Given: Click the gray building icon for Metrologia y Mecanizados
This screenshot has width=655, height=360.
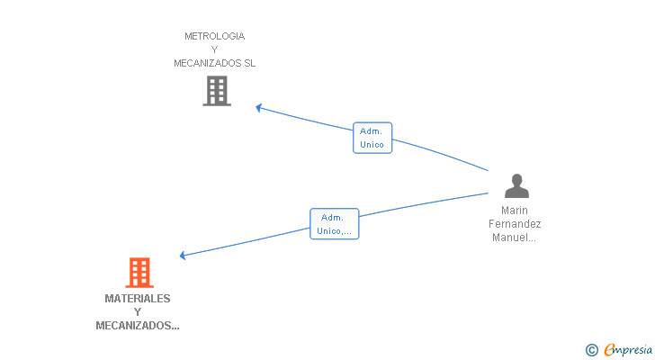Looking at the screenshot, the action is [217, 91].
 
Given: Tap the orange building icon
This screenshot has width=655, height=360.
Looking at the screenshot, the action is [139, 273].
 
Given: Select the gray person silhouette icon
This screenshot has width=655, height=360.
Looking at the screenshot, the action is [516, 185].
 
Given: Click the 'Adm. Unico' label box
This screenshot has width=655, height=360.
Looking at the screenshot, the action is [372, 138].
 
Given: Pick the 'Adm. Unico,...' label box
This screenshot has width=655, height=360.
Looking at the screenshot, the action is [334, 224].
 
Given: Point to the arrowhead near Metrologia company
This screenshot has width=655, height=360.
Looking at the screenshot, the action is [259, 108].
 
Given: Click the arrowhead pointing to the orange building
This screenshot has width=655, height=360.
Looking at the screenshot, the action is [183, 256].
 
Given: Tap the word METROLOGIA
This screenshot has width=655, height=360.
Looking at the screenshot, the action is [215, 36].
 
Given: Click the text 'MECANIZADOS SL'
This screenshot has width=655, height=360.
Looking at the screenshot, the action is [215, 63].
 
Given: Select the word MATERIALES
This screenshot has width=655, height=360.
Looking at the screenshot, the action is [138, 299].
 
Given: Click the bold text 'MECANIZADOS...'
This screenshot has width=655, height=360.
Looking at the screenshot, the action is [138, 326].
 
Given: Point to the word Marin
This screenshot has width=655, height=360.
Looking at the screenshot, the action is [515, 211].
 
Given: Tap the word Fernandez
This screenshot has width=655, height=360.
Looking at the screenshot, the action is [515, 224].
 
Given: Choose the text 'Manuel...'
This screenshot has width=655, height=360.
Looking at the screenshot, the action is [514, 238].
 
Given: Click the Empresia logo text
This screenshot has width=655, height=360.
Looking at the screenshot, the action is [628, 350].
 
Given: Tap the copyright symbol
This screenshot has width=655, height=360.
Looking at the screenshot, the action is [591, 350].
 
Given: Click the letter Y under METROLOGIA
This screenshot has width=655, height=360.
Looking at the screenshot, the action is [215, 49].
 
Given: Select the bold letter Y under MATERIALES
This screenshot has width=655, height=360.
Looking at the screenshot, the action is [138, 312].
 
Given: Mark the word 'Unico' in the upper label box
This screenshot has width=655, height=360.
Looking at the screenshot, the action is [372, 145].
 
